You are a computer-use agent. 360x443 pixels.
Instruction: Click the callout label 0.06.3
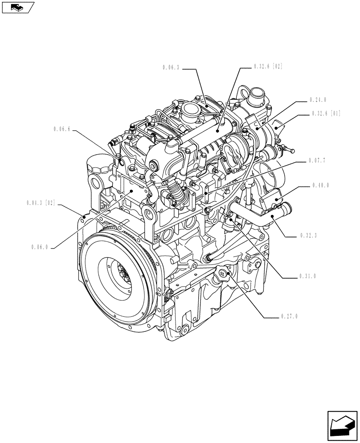[x=171, y=67]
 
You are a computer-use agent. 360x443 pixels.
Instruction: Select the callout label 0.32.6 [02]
[x=268, y=67]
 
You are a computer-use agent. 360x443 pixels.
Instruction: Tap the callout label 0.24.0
[x=318, y=100]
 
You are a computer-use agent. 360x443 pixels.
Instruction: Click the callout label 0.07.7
[x=318, y=160]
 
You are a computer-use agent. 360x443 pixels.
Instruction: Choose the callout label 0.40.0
[x=320, y=185]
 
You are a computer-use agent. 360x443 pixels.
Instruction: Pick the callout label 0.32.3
[x=308, y=236]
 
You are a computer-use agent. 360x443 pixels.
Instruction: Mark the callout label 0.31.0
[x=307, y=276]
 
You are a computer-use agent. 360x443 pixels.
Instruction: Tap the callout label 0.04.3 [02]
[x=40, y=203]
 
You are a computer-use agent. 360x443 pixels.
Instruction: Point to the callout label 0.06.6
[x=62, y=129]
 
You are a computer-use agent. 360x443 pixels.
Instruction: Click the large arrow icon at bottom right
[x=342, y=426]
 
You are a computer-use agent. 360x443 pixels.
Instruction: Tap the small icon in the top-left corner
[x=18, y=7]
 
